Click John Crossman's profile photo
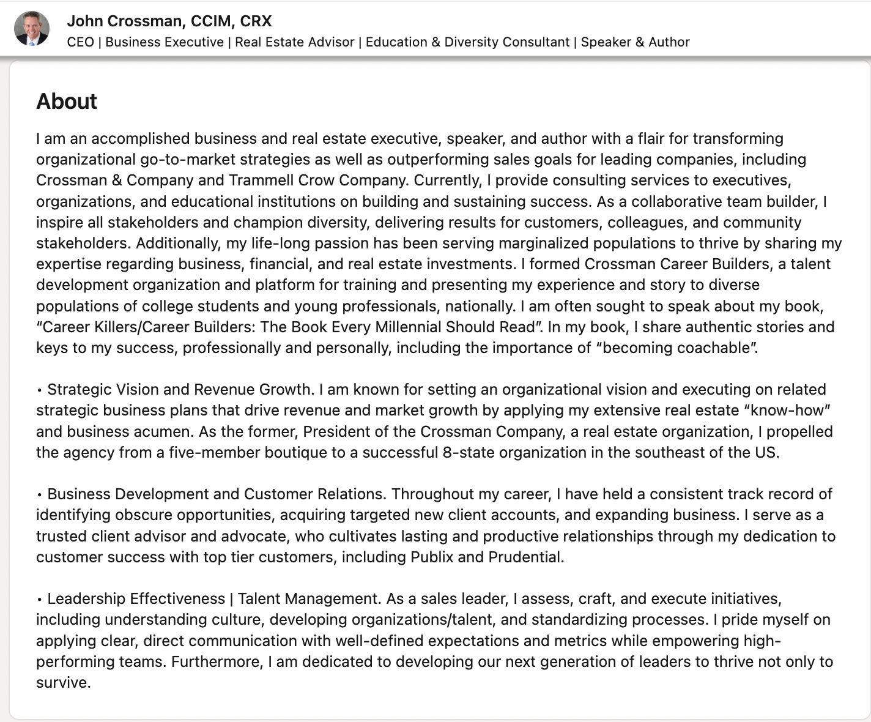coord(32,28)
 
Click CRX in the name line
coord(256,21)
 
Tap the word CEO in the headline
coord(80,42)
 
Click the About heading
coord(67,101)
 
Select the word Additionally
coord(177,243)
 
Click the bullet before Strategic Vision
coord(39,390)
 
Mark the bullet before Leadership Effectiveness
coord(39,599)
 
